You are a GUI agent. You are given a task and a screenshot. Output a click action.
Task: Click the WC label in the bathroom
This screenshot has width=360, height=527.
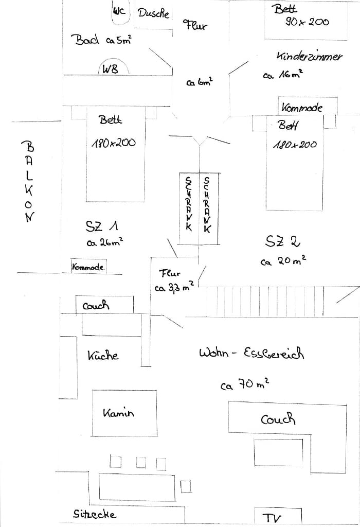[119, 10]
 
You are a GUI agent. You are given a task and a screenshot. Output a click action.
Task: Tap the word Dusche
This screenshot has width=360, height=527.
[153, 13]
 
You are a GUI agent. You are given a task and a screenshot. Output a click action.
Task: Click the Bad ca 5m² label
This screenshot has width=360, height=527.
[101, 40]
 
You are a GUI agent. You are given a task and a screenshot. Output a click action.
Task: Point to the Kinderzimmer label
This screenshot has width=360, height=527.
[309, 56]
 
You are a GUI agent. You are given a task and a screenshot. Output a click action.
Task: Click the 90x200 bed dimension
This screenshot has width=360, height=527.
[307, 22]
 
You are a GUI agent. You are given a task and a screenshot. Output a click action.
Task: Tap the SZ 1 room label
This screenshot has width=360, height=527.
[102, 225]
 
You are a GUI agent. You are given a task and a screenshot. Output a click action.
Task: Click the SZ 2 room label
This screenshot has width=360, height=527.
[283, 241]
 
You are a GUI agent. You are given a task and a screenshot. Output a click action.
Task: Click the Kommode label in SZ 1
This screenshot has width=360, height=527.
[88, 267]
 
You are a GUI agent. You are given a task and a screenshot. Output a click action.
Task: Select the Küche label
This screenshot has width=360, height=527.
[103, 355]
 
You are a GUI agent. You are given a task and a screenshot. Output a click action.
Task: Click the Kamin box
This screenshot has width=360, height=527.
[124, 413]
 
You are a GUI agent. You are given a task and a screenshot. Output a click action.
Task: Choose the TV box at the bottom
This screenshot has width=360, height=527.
[271, 516]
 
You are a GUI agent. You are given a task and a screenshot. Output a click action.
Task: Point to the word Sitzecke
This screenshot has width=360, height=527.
[95, 514]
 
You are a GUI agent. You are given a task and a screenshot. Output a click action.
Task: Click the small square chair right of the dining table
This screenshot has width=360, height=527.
[186, 486]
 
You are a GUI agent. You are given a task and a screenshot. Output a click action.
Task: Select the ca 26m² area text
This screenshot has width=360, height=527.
[105, 242]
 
